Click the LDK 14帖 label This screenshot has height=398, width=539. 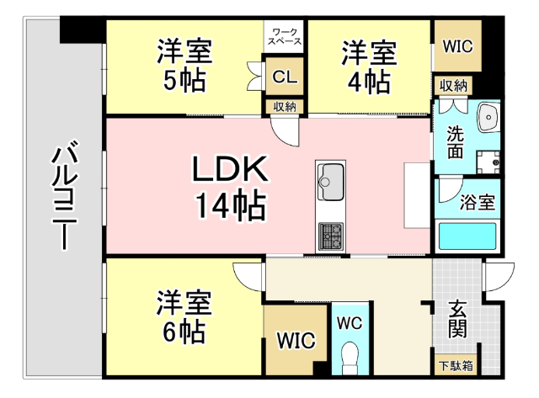pyautogui.click(x=230, y=188)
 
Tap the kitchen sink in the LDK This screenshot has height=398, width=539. pyautogui.click(x=331, y=182)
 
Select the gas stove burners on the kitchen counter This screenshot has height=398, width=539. pyautogui.click(x=331, y=236)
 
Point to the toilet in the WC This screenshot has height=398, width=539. pyautogui.click(x=350, y=358)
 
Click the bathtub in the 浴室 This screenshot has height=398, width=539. pyautogui.click(x=467, y=236)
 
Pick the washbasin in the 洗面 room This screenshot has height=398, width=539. pyautogui.click(x=488, y=117)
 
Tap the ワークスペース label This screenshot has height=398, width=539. pyautogui.click(x=285, y=37)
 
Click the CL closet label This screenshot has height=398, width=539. pyautogui.click(x=285, y=77)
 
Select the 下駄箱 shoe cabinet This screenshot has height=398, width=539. pyautogui.click(x=456, y=366)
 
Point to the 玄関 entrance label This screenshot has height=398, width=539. pyautogui.click(x=457, y=319)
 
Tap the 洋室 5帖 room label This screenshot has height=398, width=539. pyautogui.click(x=184, y=66)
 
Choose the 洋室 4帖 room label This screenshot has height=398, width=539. pyautogui.click(x=369, y=67)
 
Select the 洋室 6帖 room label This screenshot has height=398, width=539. pyautogui.click(x=184, y=316)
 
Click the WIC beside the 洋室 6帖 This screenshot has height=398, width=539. pyautogui.click(x=296, y=340)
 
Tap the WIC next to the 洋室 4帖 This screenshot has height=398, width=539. pyautogui.click(x=457, y=46)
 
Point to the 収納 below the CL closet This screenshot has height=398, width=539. pyautogui.click(x=285, y=107)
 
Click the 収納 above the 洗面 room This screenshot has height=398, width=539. pyautogui.click(x=453, y=86)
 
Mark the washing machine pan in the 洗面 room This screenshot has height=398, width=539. pyautogui.click(x=488, y=162)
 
